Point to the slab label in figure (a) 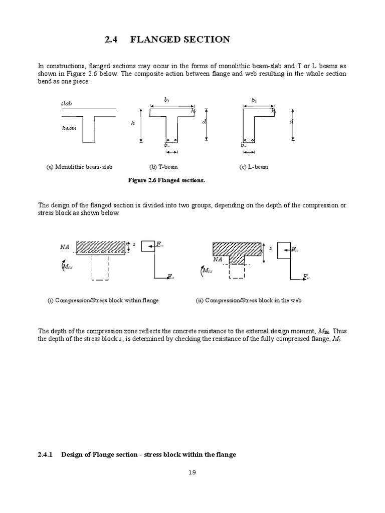(x=67, y=103)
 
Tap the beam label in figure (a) (x=69, y=128)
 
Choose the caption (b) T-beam (x=163, y=167)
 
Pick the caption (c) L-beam (x=254, y=167)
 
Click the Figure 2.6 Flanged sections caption (x=167, y=180)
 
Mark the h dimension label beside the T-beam (x=133, y=123)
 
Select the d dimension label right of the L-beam (x=291, y=122)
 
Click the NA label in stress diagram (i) (x=64, y=247)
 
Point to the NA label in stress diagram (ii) (x=217, y=260)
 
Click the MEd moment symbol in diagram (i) (x=66, y=267)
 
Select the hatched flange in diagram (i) (x=101, y=247)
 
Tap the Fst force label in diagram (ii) (x=306, y=277)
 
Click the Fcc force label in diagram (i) (x=159, y=244)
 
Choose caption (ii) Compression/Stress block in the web (x=248, y=301)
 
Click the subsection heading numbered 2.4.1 (x=137, y=454)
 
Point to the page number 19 (x=192, y=486)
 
